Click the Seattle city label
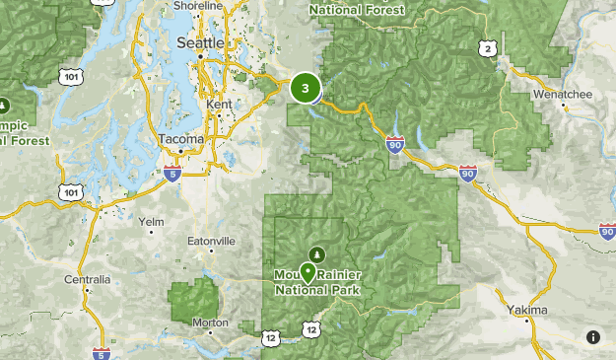tap(200, 44)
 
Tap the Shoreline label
tap(198, 5)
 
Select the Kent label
tap(219, 105)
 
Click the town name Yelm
tap(152, 222)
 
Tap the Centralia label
tap(87, 280)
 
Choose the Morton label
tap(210, 323)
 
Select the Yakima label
tap(528, 311)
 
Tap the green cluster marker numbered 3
tap(306, 89)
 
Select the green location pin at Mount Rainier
tap(308, 272)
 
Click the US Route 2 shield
tap(485, 47)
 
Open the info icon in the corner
tap(593, 337)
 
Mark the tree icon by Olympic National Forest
tap(4, 106)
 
